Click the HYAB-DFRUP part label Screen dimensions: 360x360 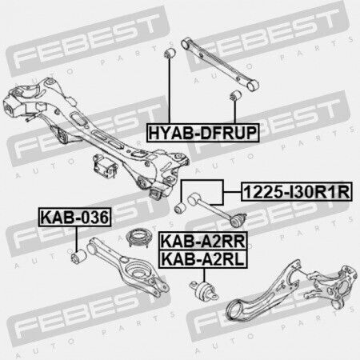[203, 133]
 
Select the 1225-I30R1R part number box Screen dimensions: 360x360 [297, 192]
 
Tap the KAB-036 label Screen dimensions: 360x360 [75, 217]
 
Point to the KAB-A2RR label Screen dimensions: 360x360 [203, 241]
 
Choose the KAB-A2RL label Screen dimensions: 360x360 [203, 259]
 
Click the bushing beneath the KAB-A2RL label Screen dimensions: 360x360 [204, 291]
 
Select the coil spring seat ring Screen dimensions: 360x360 [138, 238]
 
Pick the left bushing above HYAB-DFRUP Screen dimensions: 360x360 [170, 53]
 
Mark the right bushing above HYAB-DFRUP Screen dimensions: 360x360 [235, 96]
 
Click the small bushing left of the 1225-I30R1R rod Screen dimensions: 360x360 [181, 208]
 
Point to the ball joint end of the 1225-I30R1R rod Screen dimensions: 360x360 [238, 219]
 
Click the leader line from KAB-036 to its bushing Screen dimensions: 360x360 [77, 238]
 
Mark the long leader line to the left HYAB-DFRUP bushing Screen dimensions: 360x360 [169, 90]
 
